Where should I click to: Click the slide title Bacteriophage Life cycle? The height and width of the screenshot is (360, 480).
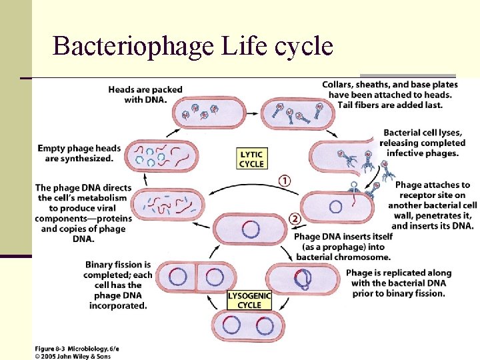coord(193,46)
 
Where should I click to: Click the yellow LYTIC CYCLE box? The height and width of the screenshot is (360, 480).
coord(251,159)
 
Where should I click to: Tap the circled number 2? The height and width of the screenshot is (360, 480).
coord(295,219)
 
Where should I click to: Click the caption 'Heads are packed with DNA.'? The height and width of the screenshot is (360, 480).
coord(145,95)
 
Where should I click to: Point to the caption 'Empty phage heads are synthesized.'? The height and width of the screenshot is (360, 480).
coord(75,153)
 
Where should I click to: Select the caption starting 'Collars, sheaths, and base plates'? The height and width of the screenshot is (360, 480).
coord(390,94)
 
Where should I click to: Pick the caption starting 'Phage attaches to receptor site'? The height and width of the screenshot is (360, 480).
coord(433,205)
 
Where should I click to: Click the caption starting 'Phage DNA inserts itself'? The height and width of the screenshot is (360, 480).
coord(343,247)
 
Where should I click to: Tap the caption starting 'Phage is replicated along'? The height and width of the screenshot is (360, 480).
coord(398,283)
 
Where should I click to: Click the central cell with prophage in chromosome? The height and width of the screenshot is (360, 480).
coord(250,230)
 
